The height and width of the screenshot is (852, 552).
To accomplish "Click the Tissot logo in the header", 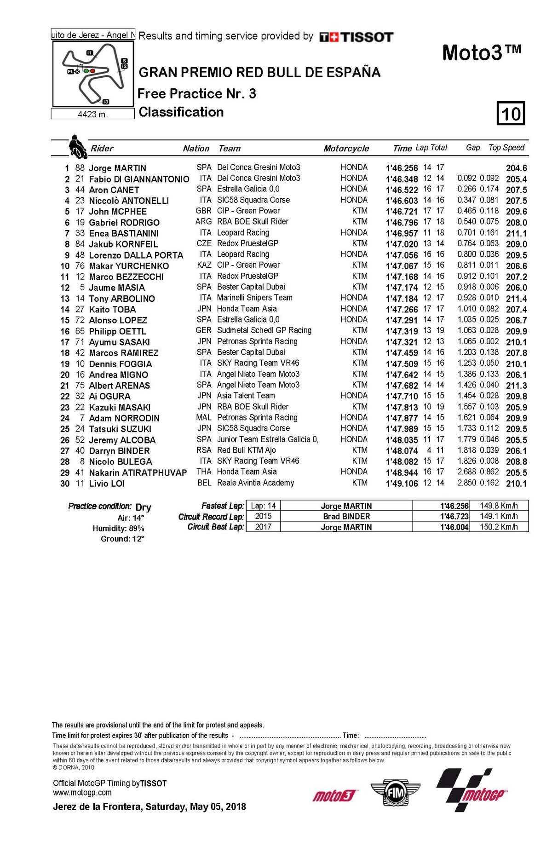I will point(356,37).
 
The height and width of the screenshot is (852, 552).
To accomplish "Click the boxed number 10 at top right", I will point(511,114).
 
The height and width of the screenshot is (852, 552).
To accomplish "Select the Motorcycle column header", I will point(346,148).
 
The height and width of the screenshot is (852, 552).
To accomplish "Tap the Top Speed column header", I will point(506,148).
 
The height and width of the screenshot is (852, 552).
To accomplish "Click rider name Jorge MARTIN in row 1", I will point(117,168).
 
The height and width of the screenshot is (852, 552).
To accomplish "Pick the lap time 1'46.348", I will point(402,179).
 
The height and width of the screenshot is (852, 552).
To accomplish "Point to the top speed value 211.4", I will point(516,299).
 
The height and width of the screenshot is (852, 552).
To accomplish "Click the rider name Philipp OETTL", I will point(117,331).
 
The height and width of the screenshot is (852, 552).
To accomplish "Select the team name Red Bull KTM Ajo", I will point(247,450).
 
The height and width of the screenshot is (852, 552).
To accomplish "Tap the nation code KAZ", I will point(204,265).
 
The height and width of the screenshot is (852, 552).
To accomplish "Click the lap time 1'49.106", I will point(402,484).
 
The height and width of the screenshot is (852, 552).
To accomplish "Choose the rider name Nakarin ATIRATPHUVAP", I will point(138,472).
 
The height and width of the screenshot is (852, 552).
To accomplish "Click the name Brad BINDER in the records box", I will point(346,517).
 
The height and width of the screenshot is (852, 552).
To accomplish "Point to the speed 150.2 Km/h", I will point(499,527).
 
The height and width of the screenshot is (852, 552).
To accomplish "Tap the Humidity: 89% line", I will point(118,529).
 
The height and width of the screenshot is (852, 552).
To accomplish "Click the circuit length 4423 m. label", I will point(92,114).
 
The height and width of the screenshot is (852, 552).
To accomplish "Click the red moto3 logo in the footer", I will point(334,795).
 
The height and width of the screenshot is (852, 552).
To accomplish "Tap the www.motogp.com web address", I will point(82,792).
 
